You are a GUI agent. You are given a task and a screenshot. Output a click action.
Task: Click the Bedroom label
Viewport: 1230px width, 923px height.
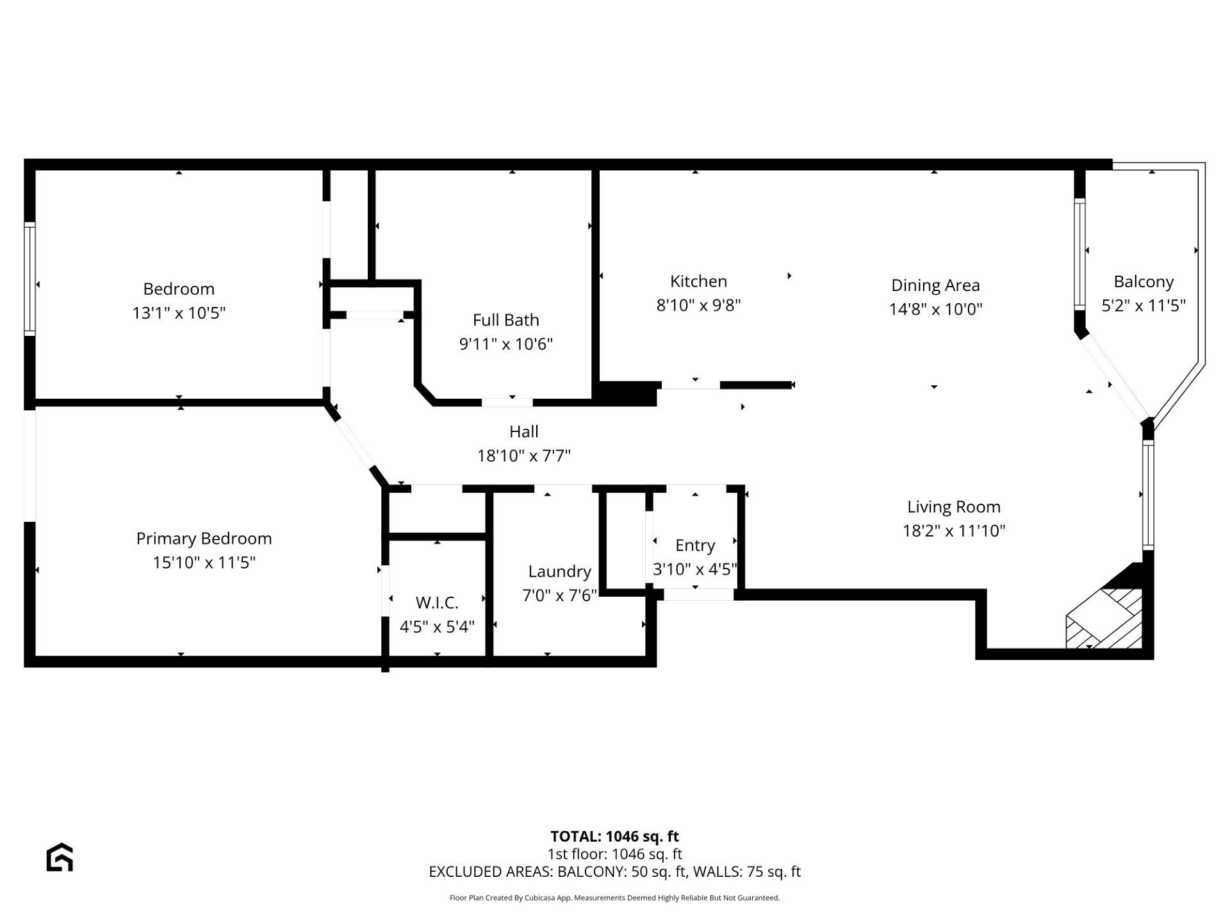tap(179, 289)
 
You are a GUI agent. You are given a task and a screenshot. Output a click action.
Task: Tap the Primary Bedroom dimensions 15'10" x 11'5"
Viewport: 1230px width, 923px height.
tap(204, 563)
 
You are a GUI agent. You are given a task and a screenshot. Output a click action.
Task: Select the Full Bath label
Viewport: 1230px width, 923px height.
tap(505, 320)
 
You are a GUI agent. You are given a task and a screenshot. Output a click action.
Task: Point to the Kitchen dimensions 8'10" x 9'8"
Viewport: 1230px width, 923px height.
tap(698, 305)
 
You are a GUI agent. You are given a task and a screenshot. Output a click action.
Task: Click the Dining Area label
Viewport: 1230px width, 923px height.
tap(935, 285)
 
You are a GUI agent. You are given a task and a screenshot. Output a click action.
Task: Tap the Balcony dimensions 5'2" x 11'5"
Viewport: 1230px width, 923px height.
tap(1143, 306)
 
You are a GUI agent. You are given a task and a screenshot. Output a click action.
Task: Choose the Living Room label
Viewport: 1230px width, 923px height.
tap(953, 507)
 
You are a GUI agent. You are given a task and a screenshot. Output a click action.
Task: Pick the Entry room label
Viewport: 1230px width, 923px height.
tap(694, 545)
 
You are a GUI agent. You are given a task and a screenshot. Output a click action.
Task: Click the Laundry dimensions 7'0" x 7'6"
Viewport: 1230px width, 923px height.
tap(559, 595)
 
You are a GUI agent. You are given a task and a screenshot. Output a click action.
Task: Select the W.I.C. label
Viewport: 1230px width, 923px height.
tap(437, 603)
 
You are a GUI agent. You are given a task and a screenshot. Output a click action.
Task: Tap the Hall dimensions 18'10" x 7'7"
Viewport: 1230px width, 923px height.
tap(523, 456)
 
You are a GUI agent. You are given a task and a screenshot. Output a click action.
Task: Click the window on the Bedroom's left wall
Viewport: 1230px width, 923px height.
tap(29, 278)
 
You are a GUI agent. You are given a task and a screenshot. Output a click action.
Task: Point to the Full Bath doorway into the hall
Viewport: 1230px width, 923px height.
tap(507, 403)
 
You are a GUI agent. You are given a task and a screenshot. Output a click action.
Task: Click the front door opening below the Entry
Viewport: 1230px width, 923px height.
tap(698, 595)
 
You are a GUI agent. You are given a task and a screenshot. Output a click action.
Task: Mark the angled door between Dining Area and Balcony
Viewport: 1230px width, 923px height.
tap(1113, 379)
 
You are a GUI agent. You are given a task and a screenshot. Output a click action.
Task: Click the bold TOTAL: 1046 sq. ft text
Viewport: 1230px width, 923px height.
tap(614, 836)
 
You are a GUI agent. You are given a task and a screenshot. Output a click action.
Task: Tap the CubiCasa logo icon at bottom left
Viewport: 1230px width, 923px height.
tap(60, 857)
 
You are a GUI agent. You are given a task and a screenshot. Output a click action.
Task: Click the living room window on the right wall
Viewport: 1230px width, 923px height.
tap(1148, 495)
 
